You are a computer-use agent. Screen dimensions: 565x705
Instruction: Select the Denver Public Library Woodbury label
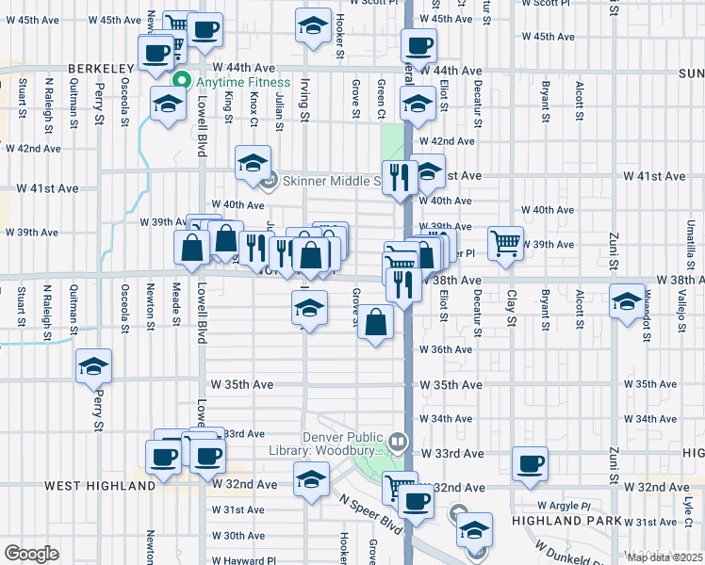pos(343,443)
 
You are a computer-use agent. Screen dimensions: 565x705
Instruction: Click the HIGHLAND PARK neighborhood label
pos(566,521)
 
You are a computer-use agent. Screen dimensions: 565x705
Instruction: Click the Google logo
pos(31,554)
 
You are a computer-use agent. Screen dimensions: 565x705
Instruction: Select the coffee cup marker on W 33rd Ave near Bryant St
pos(530,461)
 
